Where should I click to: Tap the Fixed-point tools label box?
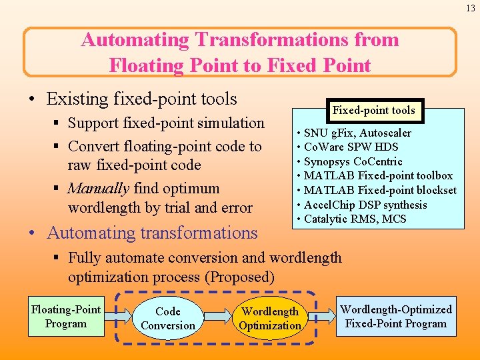coord(373,111)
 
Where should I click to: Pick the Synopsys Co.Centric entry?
coord(353,161)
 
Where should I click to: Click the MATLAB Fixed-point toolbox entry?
coord(378,176)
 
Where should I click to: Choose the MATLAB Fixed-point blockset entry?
coord(380,190)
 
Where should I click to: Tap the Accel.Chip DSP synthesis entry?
coord(365,205)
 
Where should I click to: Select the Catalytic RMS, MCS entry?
coord(355,219)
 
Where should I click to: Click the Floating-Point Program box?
coord(66,317)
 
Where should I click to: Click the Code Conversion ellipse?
coord(167,319)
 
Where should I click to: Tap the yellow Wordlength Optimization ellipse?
coord(270,319)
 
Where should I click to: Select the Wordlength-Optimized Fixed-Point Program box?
coord(395,317)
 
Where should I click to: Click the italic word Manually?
coord(97,189)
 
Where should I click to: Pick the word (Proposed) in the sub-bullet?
coord(242,277)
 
